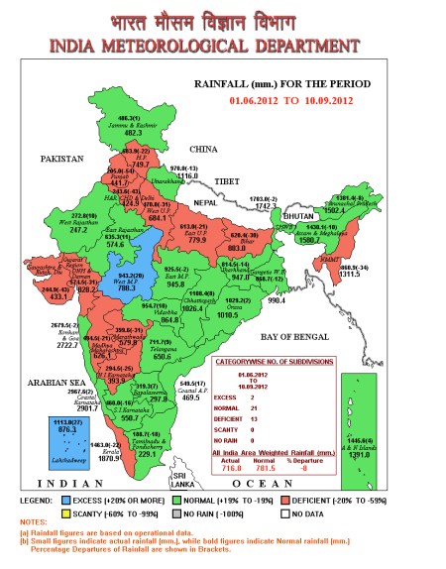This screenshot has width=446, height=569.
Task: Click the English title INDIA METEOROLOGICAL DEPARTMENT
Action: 224,47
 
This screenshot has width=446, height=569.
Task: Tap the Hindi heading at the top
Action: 224,19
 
